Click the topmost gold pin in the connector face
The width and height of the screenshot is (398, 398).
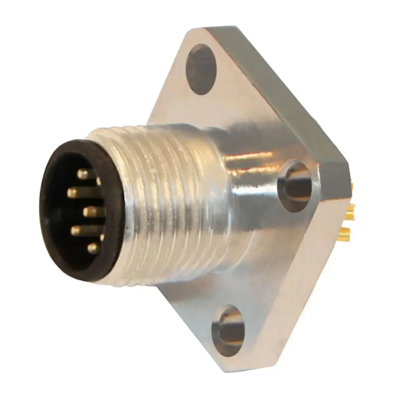coord(82,174)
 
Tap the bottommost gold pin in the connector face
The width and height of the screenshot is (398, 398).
coord(93,248)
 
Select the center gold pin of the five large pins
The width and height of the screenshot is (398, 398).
coord(89,212)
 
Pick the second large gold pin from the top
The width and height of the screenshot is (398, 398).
coord(73,192)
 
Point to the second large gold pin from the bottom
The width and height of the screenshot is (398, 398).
coord(75,230)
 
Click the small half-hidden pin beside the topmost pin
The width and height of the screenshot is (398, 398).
coord(99,181)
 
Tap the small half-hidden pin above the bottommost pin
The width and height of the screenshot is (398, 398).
coord(102,237)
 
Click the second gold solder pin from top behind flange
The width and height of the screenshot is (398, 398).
coord(351,210)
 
